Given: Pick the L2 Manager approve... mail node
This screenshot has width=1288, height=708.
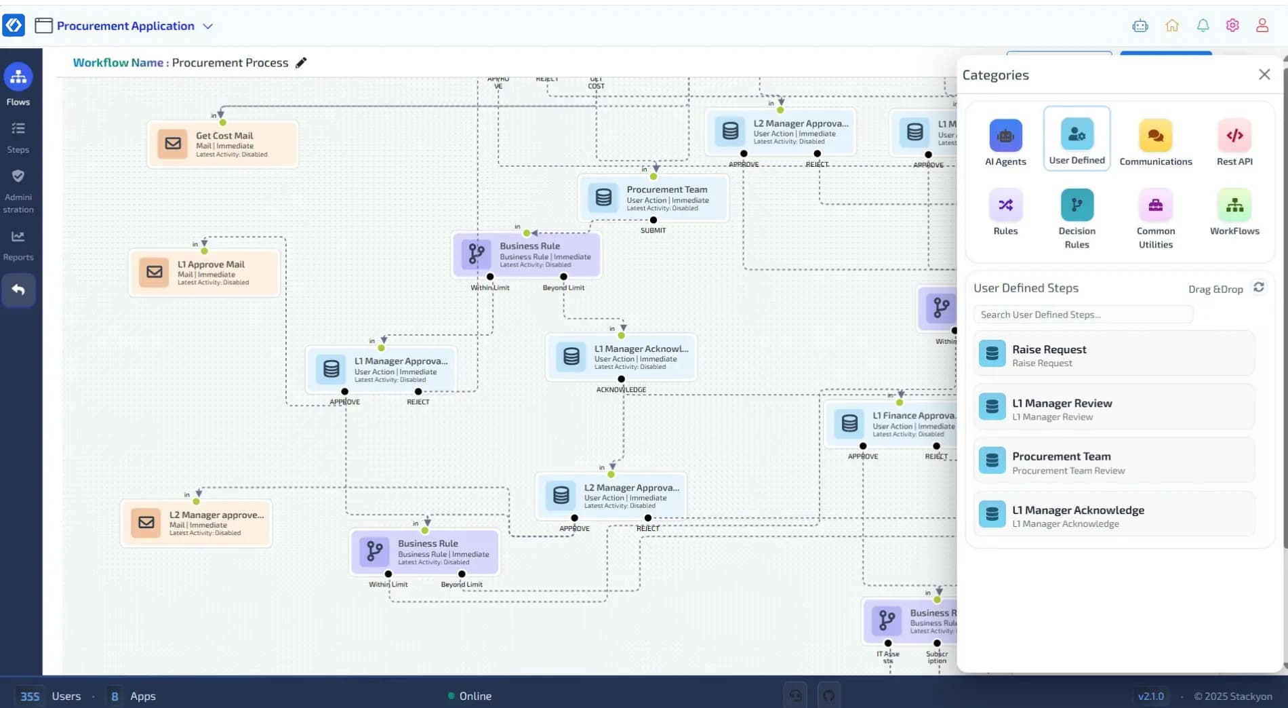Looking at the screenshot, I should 196,523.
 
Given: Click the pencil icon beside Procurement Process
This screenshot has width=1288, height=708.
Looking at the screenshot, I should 301,62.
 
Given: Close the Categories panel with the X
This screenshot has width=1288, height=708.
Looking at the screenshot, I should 1264,75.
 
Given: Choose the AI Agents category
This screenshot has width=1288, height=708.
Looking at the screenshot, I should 1005,142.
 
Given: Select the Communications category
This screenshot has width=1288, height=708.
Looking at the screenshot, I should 1155,142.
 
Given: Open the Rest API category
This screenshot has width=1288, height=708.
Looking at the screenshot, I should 1234,142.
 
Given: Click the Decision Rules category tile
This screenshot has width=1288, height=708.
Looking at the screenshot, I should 1076,218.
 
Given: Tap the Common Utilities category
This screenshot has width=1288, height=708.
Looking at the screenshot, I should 1155,218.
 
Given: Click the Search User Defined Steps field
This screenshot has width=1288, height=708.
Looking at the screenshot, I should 1083,315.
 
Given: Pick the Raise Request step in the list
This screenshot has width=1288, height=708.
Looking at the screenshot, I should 1114,355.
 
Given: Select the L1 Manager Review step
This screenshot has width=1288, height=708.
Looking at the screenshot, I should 1114,408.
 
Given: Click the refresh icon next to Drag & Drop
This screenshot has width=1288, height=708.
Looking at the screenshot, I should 1258,288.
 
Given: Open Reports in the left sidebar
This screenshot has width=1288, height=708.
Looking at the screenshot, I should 18,245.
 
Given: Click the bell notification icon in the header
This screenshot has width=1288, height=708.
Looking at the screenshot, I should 1203,26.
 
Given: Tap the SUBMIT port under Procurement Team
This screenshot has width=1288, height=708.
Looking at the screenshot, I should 653,220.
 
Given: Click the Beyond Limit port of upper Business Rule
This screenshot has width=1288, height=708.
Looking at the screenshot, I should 563,277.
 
